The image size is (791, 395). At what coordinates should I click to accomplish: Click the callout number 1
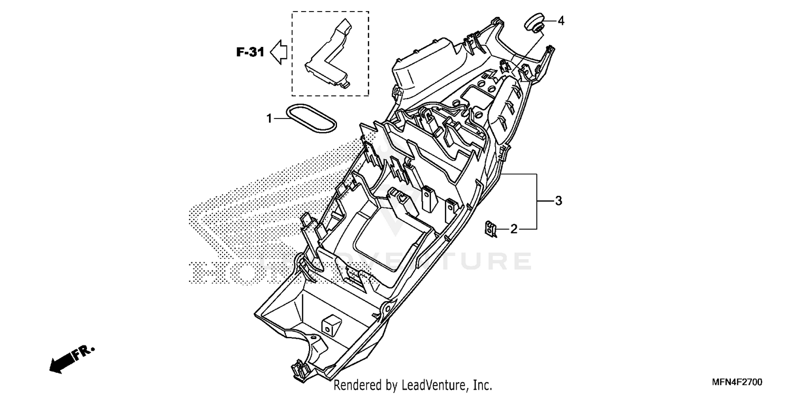[x=269, y=119]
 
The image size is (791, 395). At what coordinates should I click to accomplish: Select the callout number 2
[x=514, y=229]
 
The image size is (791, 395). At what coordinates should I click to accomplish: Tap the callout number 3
[x=558, y=201]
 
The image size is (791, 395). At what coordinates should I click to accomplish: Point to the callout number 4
[x=561, y=21]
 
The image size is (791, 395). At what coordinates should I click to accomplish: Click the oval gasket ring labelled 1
[x=311, y=118]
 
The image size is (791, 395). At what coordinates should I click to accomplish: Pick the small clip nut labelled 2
[x=491, y=230]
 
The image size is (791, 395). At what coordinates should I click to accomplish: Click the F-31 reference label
[x=249, y=52]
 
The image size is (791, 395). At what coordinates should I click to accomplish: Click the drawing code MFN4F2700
[x=737, y=381]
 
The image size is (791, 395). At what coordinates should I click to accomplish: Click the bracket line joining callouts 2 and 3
[x=537, y=201]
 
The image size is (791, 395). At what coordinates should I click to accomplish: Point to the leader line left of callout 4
[x=549, y=21]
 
